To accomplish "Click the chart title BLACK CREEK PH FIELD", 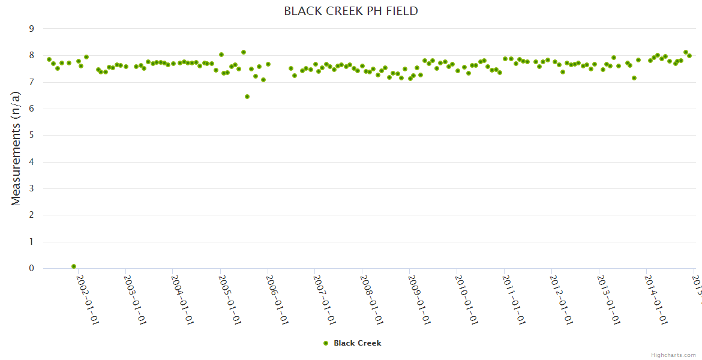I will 351,11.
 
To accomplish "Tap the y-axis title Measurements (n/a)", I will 16,149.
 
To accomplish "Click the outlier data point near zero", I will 74,266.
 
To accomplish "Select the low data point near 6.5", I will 247,97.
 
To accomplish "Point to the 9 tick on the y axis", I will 32,29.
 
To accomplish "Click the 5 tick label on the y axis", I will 32,136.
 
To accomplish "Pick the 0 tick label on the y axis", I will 32,269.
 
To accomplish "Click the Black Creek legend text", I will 358,343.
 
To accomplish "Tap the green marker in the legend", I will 326,343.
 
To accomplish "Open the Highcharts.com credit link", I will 673,355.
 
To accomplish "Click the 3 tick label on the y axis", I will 32,189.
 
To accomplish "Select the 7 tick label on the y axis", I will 32,82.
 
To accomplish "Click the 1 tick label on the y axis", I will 32,242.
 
